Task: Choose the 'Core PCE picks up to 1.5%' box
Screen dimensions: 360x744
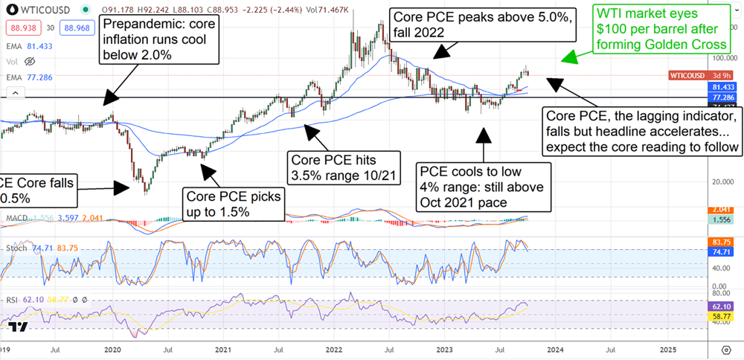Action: point(234,204)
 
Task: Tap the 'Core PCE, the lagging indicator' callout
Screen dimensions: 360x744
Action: point(642,132)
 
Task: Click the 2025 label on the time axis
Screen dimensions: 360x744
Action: point(667,347)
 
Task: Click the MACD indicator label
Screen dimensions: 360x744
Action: point(16,218)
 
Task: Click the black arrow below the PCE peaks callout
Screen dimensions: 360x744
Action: point(447,51)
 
